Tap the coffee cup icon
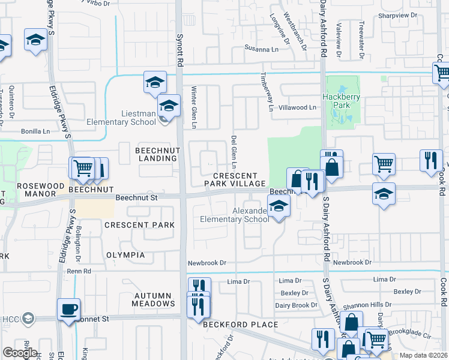click(x=68, y=310)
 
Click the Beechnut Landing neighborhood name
click(x=148, y=154)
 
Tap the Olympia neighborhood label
click(x=125, y=255)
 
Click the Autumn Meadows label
click(x=153, y=299)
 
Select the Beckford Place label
click(x=240, y=325)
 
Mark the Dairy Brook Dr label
click(x=296, y=305)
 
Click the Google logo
click(x=20, y=352)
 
